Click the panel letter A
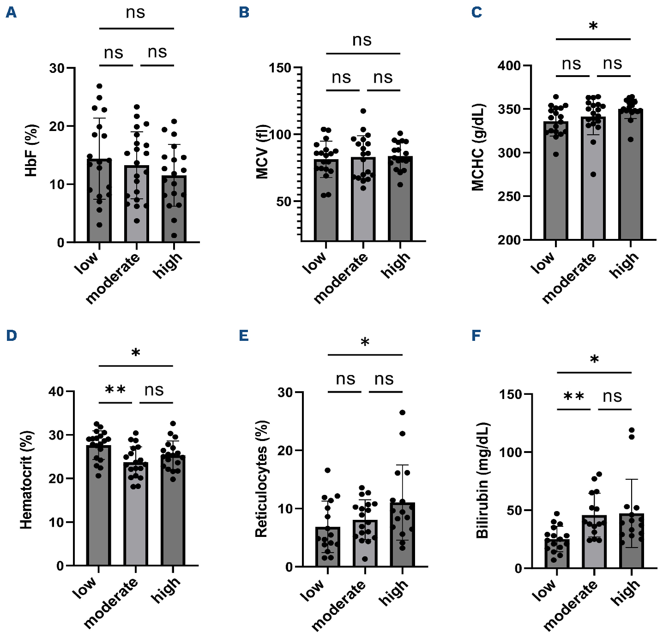coord(11,12)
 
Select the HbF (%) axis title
coord(31,151)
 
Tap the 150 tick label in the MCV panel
coord(280,68)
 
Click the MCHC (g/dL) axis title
coord(478,147)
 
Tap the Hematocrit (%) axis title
coord(27,480)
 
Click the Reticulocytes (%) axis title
coord(261,479)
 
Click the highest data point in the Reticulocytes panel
coord(402,412)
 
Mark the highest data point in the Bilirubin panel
coord(631,430)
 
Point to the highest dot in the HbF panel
coord(99,86)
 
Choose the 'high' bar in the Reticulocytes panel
coord(402,535)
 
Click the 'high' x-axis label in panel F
coord(626,591)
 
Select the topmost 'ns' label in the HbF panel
coord(135,13)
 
